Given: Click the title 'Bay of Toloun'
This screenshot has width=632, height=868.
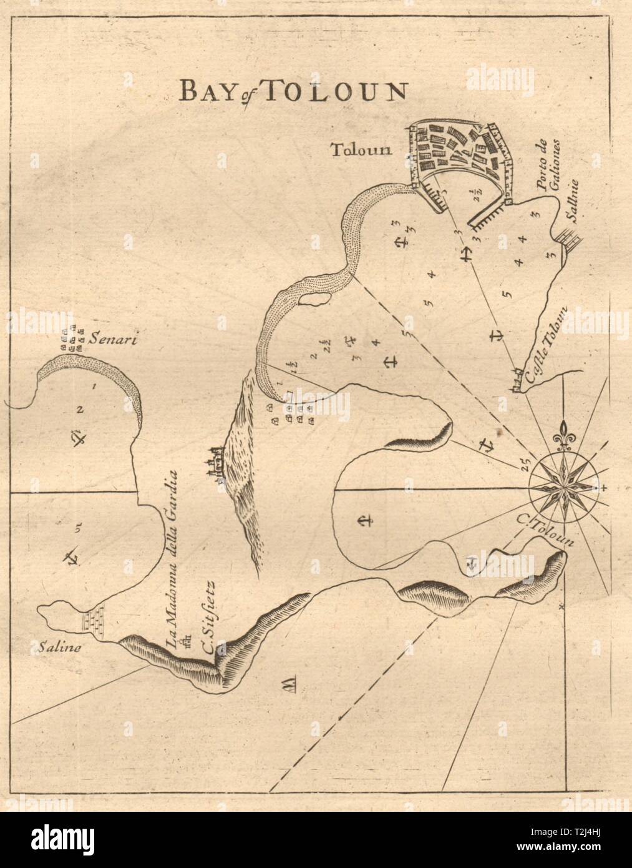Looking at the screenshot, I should (x=292, y=91).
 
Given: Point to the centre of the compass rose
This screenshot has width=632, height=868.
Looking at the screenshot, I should (x=565, y=488).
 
